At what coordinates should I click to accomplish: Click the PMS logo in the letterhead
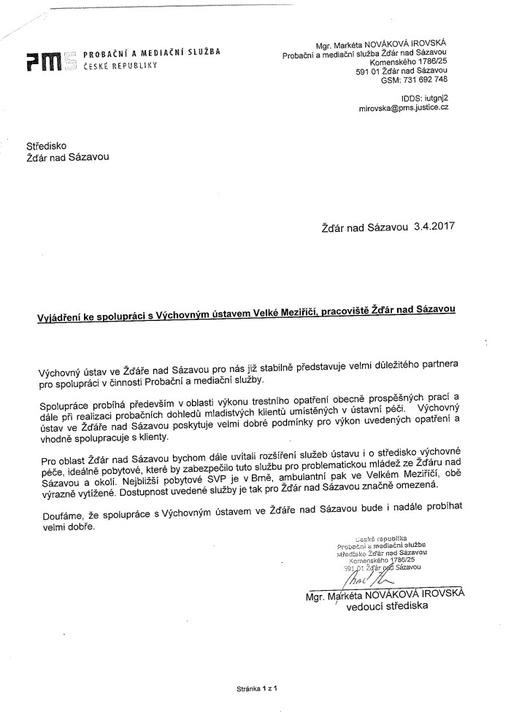click(x=46, y=63)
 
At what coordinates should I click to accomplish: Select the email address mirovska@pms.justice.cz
click(x=403, y=106)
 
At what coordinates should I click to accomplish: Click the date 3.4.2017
click(x=434, y=226)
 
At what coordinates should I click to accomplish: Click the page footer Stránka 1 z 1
click(x=259, y=687)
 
